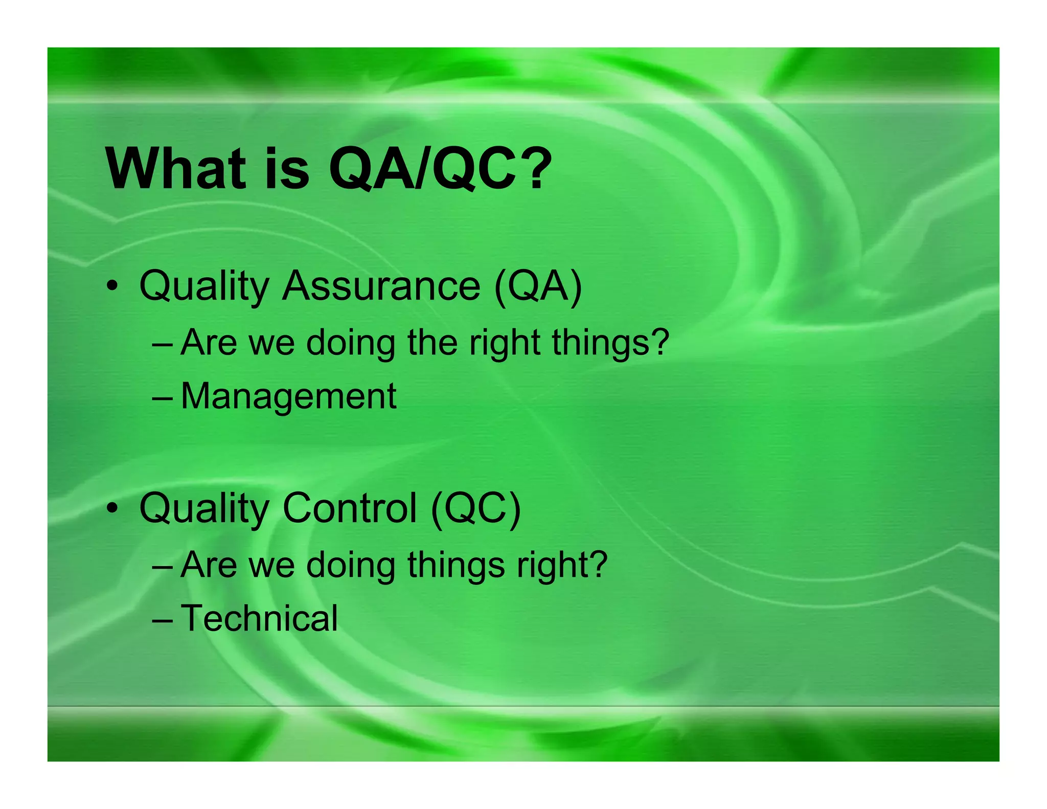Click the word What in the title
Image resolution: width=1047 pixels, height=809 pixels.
click(175, 169)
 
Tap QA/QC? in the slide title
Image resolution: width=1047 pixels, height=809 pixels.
click(440, 169)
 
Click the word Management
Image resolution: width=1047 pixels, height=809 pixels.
click(288, 396)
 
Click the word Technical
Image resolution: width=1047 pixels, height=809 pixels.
click(259, 618)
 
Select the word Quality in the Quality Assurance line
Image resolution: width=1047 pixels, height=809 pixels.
click(204, 286)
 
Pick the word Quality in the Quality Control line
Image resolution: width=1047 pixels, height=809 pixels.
click(204, 509)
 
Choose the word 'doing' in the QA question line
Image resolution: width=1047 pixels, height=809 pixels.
click(351, 343)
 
